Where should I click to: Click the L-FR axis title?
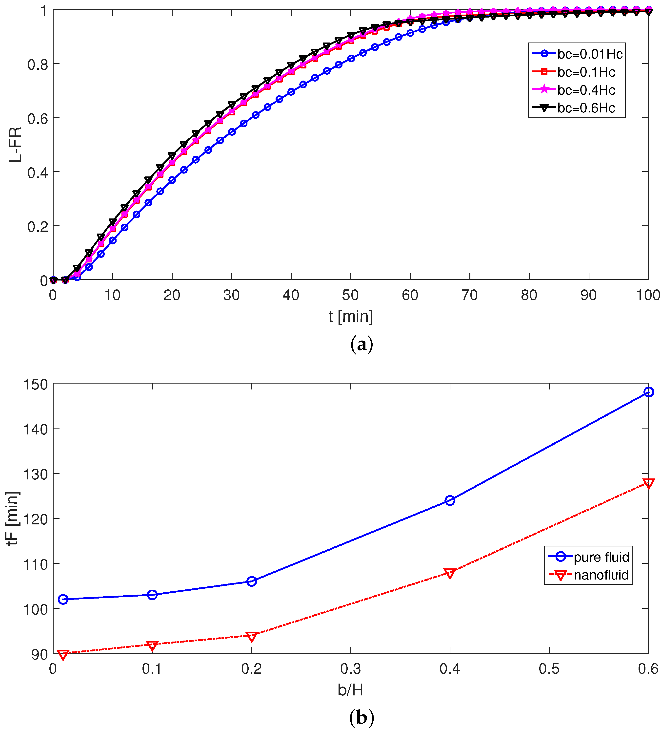click(x=16, y=145)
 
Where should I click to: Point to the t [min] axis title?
click(x=350, y=316)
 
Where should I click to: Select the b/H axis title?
click(x=350, y=690)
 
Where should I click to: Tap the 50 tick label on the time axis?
click(x=350, y=295)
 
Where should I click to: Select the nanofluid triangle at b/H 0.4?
click(x=450, y=573)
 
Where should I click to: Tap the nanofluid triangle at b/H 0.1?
click(x=152, y=646)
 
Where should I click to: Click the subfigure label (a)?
click(x=361, y=344)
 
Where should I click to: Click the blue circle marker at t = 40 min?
click(x=291, y=92)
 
